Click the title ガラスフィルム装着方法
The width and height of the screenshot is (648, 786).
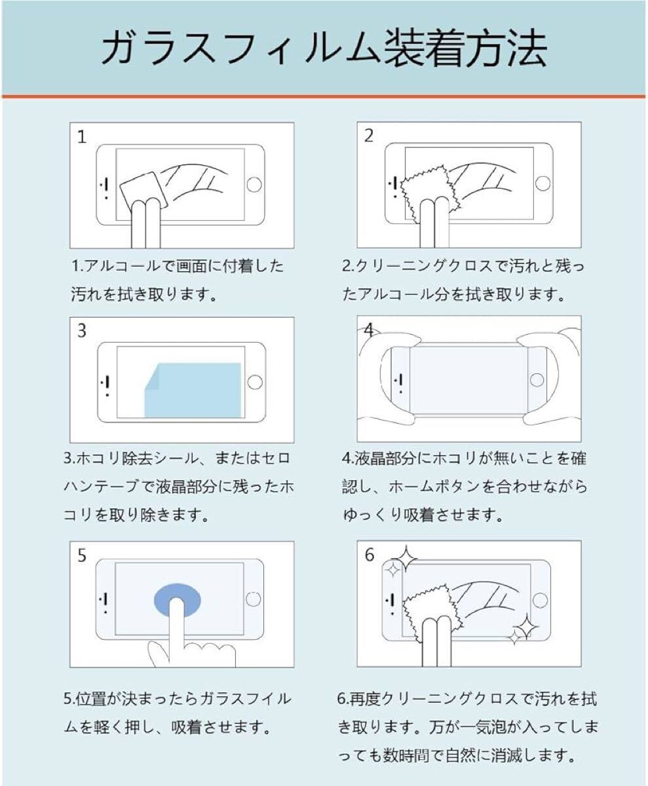(324, 49)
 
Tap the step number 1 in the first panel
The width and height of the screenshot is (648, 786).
(82, 137)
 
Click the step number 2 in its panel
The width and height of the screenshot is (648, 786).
(369, 136)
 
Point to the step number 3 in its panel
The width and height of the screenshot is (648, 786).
(82, 331)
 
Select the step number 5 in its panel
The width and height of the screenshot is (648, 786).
(82, 555)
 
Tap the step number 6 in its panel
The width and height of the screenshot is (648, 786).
(370, 555)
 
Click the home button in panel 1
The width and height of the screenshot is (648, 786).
(254, 185)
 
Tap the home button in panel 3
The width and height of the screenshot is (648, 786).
(255, 382)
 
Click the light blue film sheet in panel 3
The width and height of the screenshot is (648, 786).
(193, 390)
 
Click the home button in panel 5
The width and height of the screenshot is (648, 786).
(254, 599)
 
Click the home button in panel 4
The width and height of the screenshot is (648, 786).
(537, 380)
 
